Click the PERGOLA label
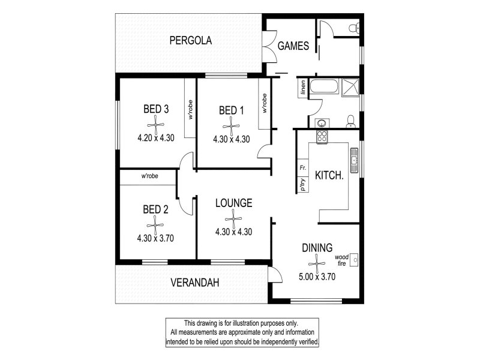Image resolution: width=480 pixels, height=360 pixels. (x=190, y=40)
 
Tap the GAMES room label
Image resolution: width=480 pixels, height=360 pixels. (x=293, y=46)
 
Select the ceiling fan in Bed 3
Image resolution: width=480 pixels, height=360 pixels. (x=155, y=125)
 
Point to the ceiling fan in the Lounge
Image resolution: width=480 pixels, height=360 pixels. (x=233, y=218)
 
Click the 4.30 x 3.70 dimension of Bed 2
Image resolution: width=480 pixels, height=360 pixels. (x=155, y=238)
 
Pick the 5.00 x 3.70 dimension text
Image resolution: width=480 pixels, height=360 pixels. (x=317, y=277)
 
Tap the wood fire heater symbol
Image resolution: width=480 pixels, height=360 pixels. (x=354, y=260)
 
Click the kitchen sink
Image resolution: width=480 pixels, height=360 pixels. (x=354, y=160)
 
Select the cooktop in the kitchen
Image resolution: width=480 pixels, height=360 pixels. (x=322, y=137)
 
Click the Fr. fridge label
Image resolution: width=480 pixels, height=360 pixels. (x=303, y=168)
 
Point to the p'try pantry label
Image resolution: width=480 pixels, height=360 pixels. (x=303, y=185)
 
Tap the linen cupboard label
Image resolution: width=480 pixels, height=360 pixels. (x=303, y=87)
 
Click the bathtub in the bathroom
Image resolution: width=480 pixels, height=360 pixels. (x=324, y=86)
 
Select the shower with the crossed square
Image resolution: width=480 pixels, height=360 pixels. (x=350, y=87)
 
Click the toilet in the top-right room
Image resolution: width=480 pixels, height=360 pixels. (x=354, y=28)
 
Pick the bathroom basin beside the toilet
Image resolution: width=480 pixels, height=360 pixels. (x=322, y=123)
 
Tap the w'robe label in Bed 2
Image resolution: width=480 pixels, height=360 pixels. (x=149, y=176)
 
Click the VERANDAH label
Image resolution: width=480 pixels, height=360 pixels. (x=194, y=283)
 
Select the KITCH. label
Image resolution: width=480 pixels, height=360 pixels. (x=329, y=175)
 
